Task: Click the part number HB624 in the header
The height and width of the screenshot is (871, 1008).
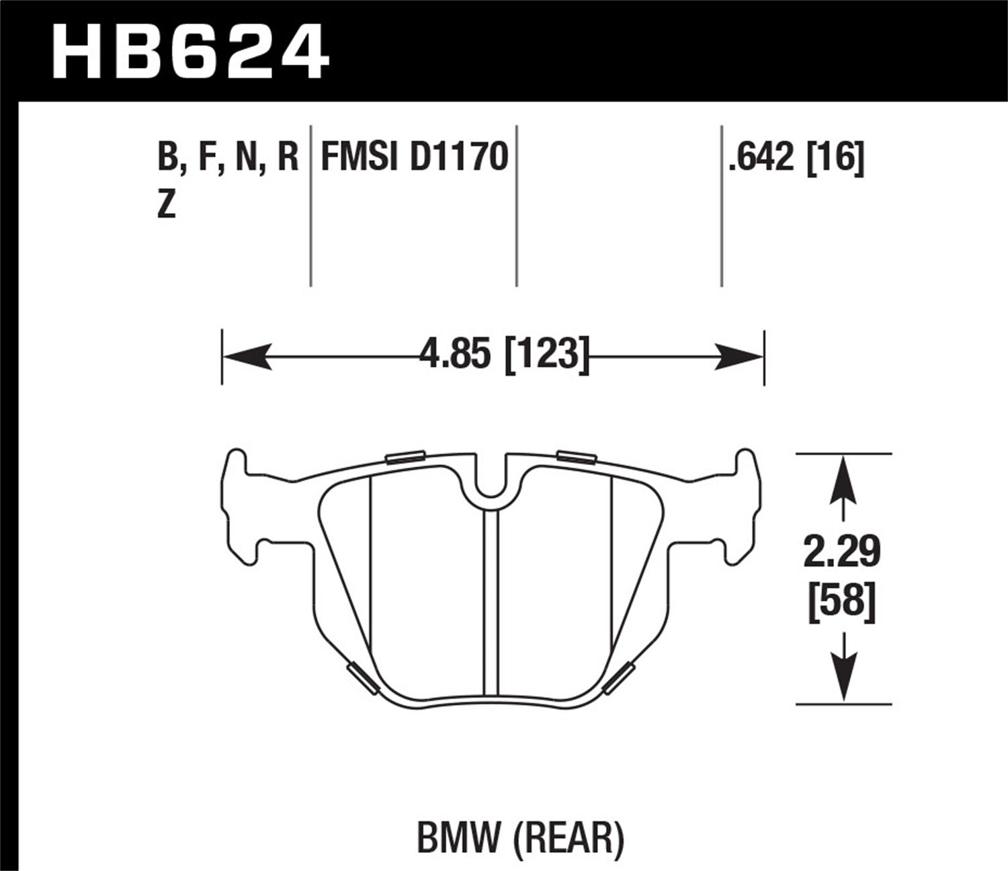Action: pos(191,51)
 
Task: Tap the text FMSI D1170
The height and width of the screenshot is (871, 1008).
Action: pos(414,158)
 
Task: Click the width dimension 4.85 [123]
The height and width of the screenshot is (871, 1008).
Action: pos(503,354)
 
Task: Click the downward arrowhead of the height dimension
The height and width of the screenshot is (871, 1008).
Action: pos(844,679)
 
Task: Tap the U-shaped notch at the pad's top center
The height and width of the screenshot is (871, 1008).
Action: pos(493,481)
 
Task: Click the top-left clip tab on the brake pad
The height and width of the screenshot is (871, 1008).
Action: pos(405,456)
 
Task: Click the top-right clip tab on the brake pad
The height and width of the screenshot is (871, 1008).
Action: pos(577,458)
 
